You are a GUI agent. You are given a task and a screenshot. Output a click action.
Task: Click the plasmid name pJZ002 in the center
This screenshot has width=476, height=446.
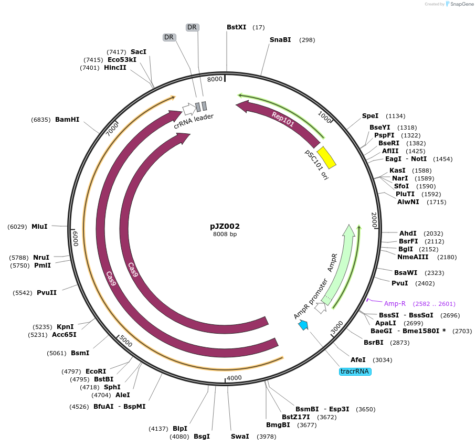tap(225, 226)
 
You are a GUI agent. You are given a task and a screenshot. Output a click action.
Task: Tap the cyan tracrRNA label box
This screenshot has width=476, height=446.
tap(355, 371)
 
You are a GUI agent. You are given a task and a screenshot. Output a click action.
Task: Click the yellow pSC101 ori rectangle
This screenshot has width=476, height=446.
tap(326, 157)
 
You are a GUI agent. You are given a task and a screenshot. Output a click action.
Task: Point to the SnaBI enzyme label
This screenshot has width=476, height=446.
tap(280, 40)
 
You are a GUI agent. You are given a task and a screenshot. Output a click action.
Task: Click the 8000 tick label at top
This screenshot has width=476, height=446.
tap(215, 79)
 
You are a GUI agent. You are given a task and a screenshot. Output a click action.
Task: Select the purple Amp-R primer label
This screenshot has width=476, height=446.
tap(395, 304)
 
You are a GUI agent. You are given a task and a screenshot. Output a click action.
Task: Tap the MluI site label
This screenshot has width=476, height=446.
tap(39, 227)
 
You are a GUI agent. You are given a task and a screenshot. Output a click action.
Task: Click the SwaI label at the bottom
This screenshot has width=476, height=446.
tap(240, 437)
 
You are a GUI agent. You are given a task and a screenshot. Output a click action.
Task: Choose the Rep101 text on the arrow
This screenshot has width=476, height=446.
tap(282, 119)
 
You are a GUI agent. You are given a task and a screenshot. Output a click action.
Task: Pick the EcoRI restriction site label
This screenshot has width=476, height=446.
tap(96, 371)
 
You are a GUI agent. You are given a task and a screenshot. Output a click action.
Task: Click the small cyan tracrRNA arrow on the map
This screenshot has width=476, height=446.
tap(303, 325)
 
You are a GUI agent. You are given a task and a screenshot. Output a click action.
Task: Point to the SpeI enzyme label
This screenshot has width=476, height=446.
tap(370, 116)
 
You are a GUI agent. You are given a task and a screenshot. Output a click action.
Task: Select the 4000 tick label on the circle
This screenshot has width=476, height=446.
tap(234, 378)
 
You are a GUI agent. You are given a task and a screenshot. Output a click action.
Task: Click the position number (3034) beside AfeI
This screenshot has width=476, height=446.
tap(382, 360)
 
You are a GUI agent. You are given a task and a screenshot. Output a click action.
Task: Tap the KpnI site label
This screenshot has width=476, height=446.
tap(65, 327)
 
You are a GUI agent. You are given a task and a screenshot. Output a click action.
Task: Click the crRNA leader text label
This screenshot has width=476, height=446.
tap(194, 121)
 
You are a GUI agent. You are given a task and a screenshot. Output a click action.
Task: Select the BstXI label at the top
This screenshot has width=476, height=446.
tap(236, 27)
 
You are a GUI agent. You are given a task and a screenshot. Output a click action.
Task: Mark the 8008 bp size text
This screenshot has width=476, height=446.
tap(225, 234)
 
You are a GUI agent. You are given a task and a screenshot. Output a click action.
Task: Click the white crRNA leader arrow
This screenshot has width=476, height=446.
tap(188, 109)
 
